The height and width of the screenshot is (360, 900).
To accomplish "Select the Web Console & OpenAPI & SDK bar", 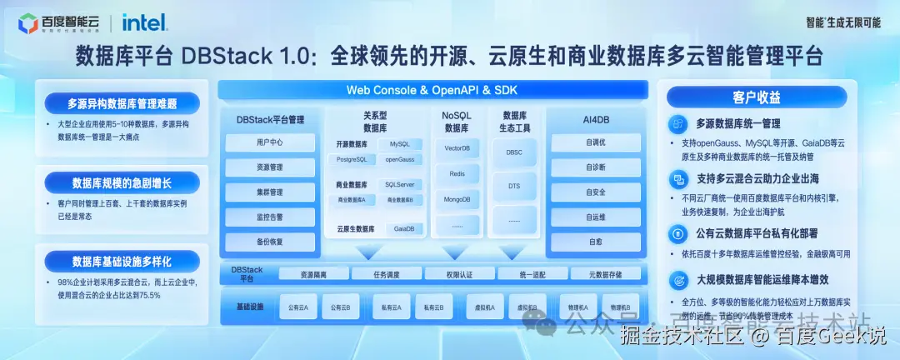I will [x=432, y=89].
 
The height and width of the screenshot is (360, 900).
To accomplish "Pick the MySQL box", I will [x=399, y=144].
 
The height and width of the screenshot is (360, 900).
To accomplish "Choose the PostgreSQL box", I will [x=352, y=159].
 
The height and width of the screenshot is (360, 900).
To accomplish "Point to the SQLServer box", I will [x=399, y=184].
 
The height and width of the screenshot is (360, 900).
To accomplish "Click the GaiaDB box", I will [x=404, y=228].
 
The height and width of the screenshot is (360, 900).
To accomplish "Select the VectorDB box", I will [x=457, y=148].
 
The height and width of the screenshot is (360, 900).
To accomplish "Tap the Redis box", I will [x=457, y=174].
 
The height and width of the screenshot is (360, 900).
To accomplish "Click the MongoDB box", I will [x=457, y=200].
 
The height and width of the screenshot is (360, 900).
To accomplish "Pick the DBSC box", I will [x=514, y=152].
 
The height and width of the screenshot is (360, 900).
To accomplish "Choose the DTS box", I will [x=514, y=187].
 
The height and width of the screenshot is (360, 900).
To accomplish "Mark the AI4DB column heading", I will [x=597, y=120].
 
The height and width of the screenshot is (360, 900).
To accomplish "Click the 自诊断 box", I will [x=595, y=167].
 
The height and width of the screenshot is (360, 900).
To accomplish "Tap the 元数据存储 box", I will [x=607, y=273].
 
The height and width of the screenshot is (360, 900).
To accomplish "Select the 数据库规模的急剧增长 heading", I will [x=122, y=182].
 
